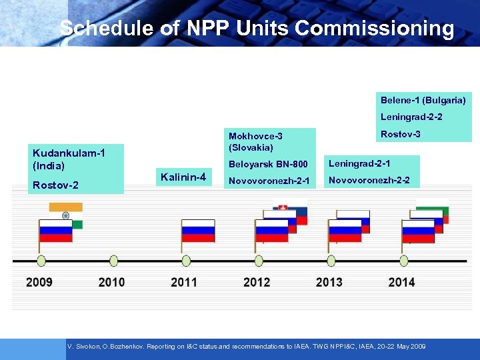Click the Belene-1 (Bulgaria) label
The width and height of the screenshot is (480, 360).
423,100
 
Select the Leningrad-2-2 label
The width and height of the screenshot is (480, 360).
411,117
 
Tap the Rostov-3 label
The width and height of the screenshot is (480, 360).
400,135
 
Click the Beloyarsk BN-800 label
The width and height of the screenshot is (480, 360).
268,164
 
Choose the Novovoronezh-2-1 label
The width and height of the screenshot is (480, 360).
269,181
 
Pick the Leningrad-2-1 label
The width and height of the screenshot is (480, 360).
359,163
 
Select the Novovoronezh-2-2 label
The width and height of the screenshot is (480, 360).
369,181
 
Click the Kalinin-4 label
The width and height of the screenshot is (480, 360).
183,177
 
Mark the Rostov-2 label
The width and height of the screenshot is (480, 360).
55,185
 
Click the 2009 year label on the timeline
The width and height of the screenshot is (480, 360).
39,282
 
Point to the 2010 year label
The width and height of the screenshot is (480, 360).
111,282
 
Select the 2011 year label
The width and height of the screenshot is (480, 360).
184,282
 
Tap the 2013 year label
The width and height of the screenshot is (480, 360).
329,282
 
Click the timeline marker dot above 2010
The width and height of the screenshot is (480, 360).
113,260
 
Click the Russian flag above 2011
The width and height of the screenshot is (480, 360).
198,230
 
